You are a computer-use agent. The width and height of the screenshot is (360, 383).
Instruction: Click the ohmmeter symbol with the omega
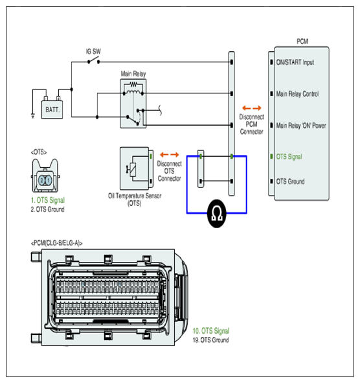coord(216,213)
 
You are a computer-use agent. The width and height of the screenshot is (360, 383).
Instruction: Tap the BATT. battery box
coord(52,110)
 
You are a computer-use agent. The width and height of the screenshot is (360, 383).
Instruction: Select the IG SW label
coord(93,52)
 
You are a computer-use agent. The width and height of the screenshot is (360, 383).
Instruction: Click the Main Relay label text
coord(133,73)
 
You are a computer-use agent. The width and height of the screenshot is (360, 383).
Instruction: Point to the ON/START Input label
coord(295,62)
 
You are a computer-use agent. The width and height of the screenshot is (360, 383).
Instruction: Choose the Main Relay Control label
coord(297,94)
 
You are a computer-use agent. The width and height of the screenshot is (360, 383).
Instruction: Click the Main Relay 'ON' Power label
coord(301,126)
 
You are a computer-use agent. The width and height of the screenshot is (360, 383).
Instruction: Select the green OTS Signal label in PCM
coord(289,157)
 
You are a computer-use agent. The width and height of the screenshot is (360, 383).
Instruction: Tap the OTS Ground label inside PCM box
coord(290,181)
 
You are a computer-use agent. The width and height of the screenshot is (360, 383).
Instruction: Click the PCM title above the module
coord(302,41)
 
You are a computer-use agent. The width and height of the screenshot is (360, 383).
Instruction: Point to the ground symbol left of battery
coord(33,115)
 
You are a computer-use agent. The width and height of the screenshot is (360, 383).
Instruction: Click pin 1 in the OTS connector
coord(49,181)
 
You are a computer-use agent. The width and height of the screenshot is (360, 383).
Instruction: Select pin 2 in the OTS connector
coord(41,181)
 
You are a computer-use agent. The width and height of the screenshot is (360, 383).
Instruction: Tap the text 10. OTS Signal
coord(211,331)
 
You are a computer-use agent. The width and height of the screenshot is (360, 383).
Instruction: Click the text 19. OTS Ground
coord(210,340)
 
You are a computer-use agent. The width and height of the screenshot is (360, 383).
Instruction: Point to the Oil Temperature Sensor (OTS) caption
coord(135,200)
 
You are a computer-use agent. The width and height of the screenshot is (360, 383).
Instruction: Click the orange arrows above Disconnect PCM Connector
coord(252,108)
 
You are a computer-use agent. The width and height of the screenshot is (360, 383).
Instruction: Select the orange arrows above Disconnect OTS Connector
coord(170,155)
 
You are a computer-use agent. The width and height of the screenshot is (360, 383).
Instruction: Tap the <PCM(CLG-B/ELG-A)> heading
coord(56,243)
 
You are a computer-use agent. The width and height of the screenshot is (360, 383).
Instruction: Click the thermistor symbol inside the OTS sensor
coord(132,169)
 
